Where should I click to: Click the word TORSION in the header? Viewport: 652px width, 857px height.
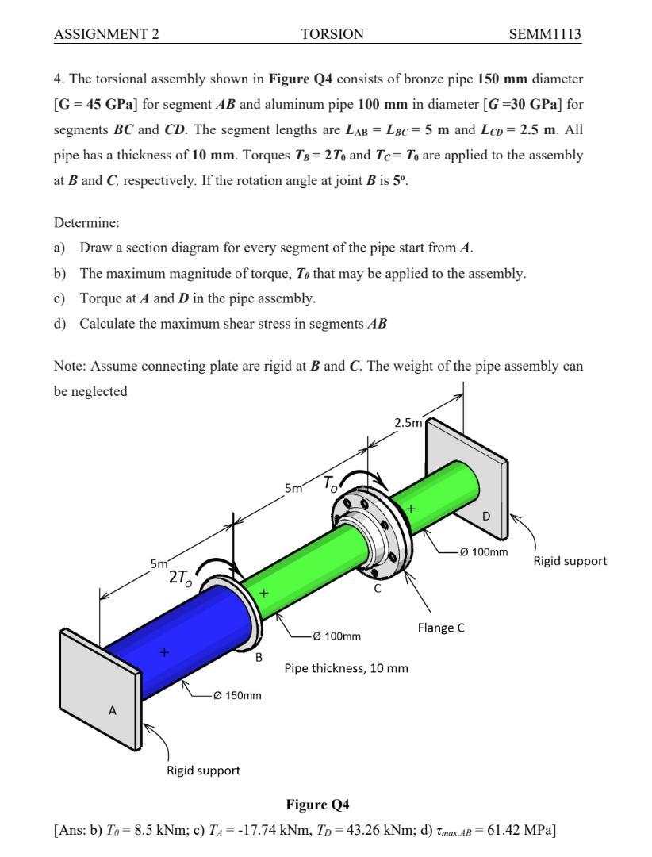[x=332, y=33]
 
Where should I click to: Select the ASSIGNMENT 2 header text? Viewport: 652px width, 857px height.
[x=106, y=33]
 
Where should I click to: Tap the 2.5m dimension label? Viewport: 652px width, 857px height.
[x=408, y=422]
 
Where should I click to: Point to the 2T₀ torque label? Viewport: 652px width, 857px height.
[x=180, y=578]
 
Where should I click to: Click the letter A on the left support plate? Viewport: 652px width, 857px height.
[x=112, y=710]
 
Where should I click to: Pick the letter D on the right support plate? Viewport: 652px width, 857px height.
[x=486, y=516]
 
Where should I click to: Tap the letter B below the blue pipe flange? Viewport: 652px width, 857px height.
[x=259, y=657]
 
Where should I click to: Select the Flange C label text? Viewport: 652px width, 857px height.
[x=441, y=628]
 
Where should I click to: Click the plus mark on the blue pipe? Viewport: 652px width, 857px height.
[x=164, y=652]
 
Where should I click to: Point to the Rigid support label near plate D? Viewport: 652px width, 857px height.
[x=570, y=561]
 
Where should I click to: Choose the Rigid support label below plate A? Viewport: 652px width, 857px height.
[x=203, y=770]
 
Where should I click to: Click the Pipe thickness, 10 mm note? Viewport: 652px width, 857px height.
[x=346, y=668]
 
